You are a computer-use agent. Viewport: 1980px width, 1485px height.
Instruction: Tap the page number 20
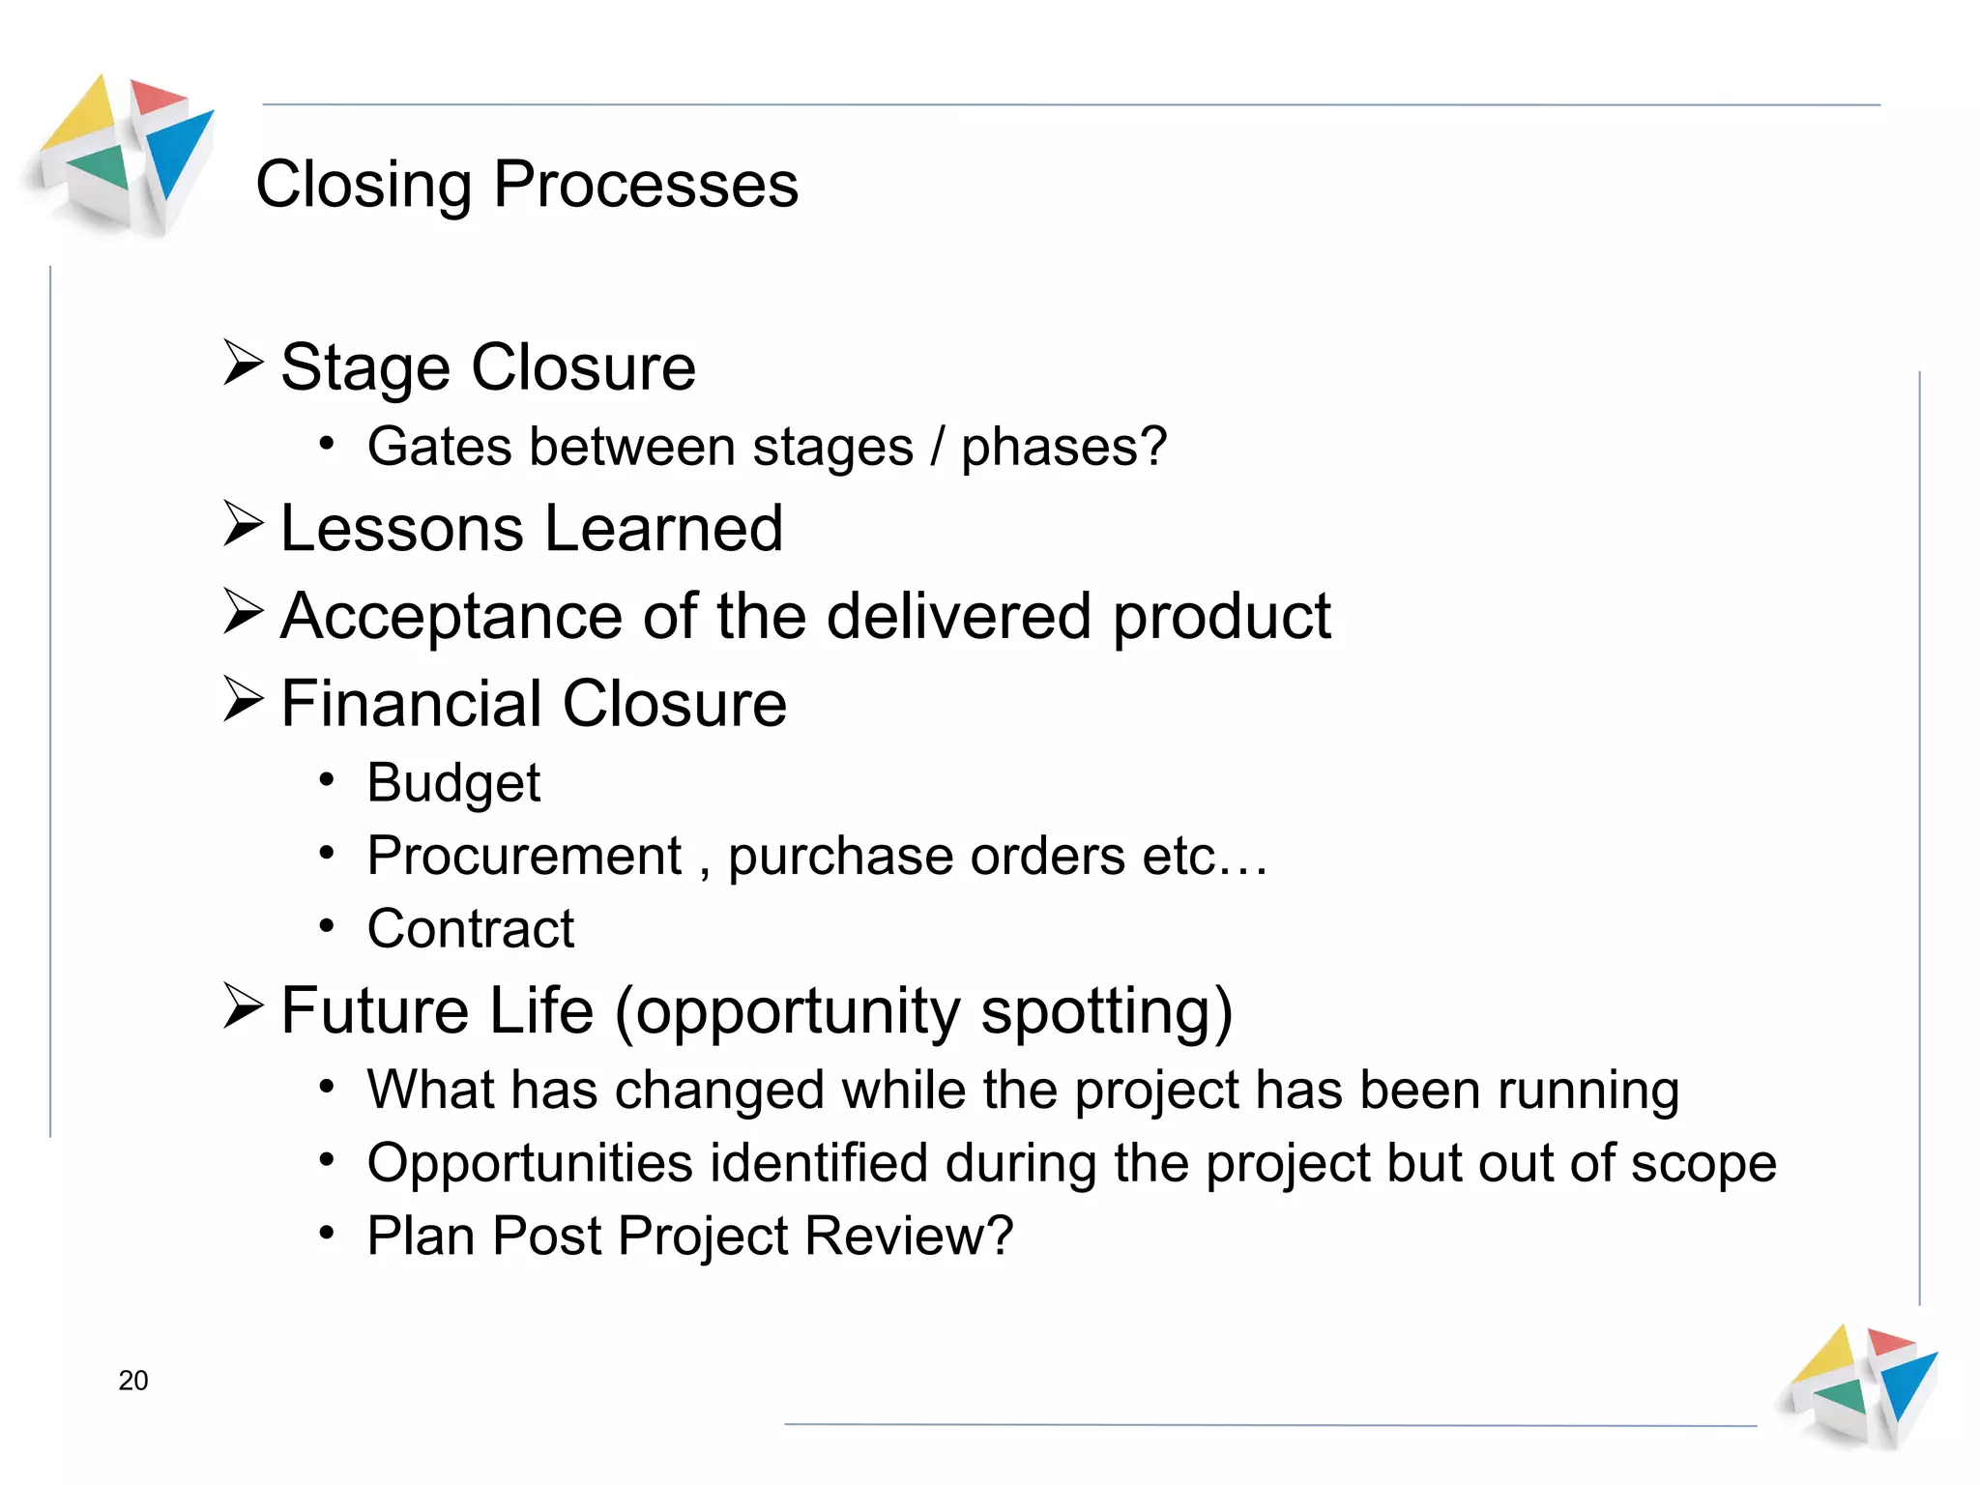[133, 1381]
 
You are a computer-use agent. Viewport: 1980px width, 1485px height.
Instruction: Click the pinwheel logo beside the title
[121, 155]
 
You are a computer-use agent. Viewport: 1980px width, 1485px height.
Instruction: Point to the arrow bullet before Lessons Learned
[242, 524]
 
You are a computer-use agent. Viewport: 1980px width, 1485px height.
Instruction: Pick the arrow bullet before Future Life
[242, 1006]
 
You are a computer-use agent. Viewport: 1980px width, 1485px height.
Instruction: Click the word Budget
[453, 783]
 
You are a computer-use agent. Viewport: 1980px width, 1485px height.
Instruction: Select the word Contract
[471, 929]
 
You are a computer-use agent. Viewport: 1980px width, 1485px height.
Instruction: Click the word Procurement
[525, 857]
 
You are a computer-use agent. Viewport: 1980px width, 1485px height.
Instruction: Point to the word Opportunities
[530, 1163]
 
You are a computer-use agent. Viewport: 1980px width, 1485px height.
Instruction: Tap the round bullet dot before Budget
[328, 779]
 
